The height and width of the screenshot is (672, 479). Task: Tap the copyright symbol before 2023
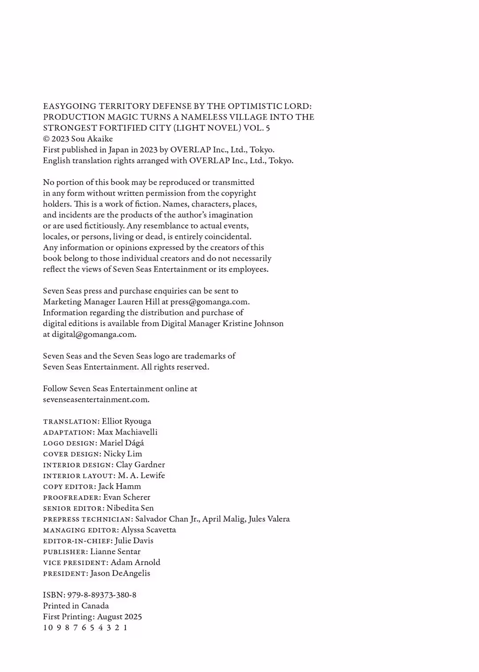(x=46, y=139)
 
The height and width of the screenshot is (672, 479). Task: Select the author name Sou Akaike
(x=92, y=139)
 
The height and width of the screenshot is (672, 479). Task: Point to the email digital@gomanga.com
(x=94, y=335)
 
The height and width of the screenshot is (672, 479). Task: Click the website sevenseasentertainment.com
(x=96, y=400)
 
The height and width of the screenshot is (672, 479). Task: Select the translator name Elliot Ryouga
(x=126, y=422)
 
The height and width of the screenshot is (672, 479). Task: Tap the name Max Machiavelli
(x=127, y=432)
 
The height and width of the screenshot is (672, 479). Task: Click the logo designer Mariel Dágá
(x=122, y=443)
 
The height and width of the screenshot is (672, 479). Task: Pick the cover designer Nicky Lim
(x=123, y=454)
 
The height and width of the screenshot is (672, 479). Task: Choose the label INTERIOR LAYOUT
(x=79, y=476)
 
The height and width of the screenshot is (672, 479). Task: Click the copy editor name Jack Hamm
(x=119, y=487)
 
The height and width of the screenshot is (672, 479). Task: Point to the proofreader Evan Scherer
(x=127, y=497)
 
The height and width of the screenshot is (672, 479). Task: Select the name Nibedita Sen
(x=130, y=508)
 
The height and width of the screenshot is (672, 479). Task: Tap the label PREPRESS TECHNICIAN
(x=87, y=520)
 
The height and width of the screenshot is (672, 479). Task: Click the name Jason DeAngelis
(x=120, y=574)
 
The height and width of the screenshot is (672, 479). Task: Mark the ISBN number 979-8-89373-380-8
(x=102, y=595)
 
